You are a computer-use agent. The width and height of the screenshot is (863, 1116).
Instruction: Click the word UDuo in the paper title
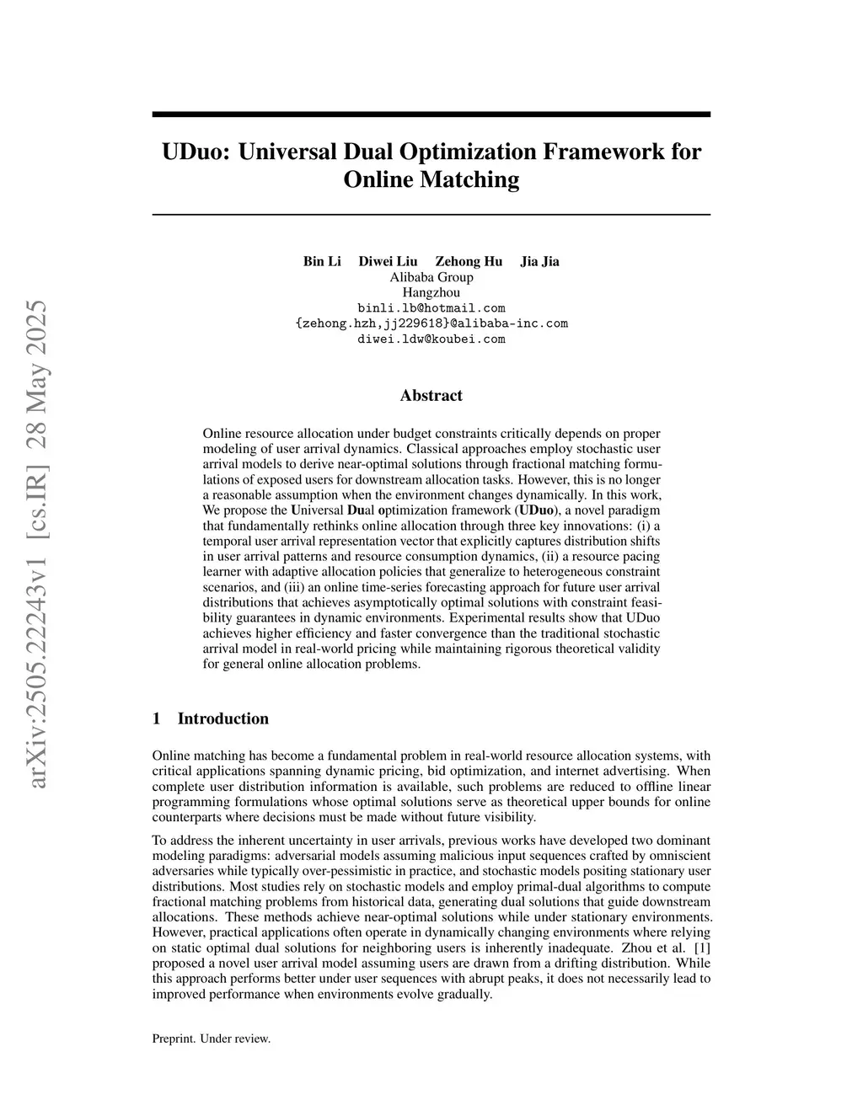point(196,152)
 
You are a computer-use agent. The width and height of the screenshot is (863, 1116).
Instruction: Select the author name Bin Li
point(322,261)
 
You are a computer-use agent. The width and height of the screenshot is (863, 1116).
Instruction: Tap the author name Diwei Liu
point(388,261)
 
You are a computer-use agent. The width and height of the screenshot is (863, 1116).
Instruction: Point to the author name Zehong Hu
point(469,261)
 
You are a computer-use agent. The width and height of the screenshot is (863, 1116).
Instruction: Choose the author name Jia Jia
point(539,261)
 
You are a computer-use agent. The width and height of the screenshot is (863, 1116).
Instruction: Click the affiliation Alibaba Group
point(431,277)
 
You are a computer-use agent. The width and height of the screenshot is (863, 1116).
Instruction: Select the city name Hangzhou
point(431,292)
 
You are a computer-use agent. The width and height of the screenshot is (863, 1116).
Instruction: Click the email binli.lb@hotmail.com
point(431,308)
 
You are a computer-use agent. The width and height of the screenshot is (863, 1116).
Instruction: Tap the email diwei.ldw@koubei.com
point(431,339)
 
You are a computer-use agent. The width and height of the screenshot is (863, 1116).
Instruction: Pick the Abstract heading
point(431,396)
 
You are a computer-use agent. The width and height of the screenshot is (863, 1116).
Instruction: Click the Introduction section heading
point(222,718)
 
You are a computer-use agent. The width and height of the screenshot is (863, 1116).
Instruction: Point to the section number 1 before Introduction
point(157,718)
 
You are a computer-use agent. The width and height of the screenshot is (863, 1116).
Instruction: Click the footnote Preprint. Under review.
point(212,1039)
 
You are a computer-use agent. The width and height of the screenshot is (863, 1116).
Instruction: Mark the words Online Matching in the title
point(431,180)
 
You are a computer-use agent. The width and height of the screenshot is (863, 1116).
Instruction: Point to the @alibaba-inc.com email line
point(431,323)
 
